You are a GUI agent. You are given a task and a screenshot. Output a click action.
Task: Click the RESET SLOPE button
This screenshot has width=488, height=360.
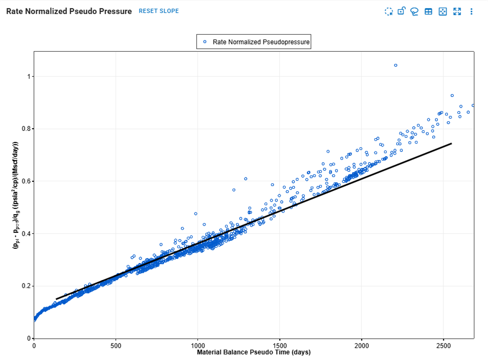click(159, 11)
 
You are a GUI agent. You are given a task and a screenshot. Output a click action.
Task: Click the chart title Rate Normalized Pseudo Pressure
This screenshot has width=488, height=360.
click(69, 11)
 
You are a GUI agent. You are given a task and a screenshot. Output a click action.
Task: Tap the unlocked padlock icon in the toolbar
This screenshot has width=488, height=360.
click(401, 11)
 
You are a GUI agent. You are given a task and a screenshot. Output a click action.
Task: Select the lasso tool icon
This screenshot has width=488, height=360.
click(414, 12)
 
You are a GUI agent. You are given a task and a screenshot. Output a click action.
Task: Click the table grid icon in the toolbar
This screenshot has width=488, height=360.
click(428, 12)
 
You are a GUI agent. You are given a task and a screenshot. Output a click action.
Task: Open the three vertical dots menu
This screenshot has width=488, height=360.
click(471, 12)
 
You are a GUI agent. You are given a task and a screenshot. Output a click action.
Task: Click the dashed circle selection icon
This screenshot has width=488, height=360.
click(389, 12)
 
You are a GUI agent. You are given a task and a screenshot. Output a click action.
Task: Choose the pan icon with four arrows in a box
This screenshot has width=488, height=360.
click(442, 12)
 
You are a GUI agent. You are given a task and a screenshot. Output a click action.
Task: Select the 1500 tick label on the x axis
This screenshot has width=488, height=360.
click(279, 345)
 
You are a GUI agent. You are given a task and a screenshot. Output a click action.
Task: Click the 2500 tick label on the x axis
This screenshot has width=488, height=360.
click(443, 345)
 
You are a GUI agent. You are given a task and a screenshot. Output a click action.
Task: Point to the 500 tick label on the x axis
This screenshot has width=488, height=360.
click(116, 345)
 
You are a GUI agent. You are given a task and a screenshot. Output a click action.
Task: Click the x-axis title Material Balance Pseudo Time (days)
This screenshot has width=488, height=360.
click(254, 352)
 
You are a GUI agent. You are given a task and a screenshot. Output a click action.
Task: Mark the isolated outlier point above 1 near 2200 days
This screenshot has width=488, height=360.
click(395, 65)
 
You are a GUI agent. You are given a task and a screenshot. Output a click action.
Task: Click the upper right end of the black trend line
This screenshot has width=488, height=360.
click(451, 143)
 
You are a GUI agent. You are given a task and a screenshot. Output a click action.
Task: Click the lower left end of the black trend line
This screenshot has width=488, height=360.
click(57, 299)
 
